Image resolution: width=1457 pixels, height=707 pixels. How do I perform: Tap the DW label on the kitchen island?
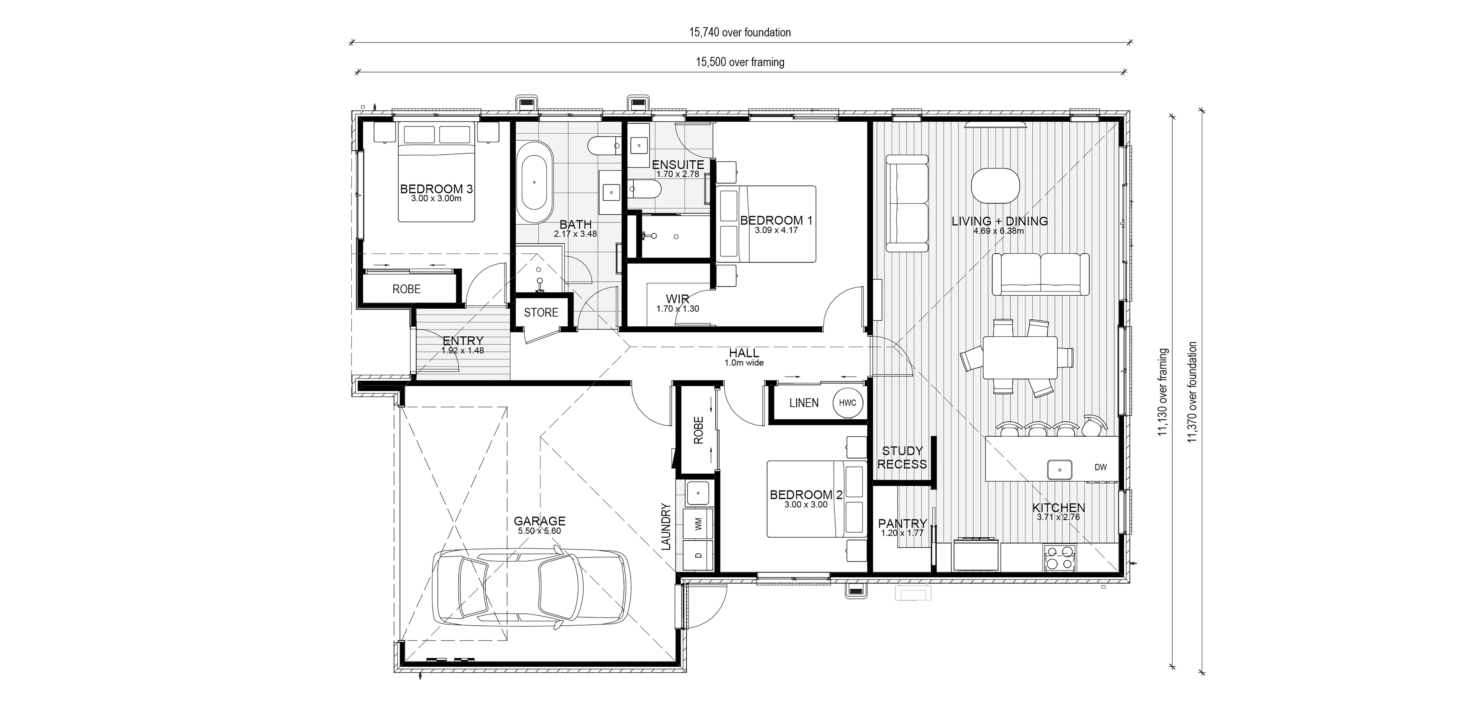point(1100,467)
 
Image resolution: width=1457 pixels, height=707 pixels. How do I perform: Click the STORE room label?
point(541,312)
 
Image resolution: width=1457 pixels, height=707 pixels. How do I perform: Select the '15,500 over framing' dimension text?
point(740,62)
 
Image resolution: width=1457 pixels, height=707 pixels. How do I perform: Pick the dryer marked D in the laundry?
point(698,555)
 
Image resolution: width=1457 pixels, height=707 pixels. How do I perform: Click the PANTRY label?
point(902,524)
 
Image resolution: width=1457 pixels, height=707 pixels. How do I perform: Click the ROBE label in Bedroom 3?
point(407,289)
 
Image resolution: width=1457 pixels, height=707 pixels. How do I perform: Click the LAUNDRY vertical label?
point(666,527)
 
